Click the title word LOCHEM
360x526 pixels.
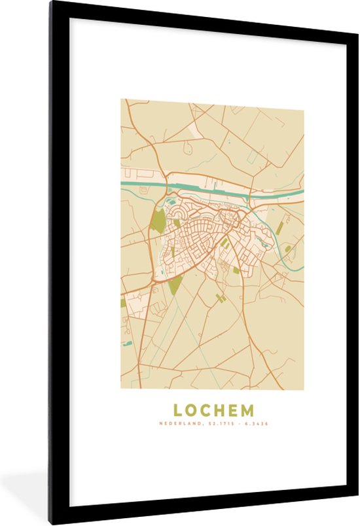[x=213, y=411]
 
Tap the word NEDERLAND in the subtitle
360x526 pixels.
[x=180, y=424]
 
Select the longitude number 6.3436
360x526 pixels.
[x=256, y=424]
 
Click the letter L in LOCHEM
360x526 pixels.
[x=177, y=411]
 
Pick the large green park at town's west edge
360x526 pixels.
[x=158, y=221]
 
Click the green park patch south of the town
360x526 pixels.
[x=175, y=285]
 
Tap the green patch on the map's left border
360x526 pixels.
[x=123, y=303]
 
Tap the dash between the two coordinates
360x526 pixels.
[x=239, y=424]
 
